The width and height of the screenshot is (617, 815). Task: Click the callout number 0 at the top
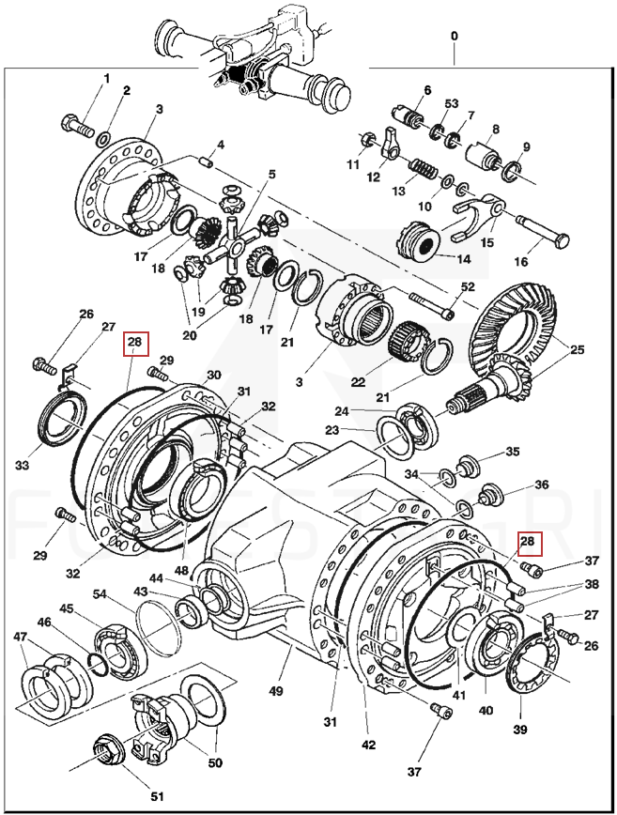coord(455,36)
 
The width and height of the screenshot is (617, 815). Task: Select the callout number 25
coord(577,350)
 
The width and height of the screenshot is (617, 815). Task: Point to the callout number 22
coord(357,381)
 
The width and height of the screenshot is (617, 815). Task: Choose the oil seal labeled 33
coord(57,418)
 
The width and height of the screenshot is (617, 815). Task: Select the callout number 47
coord(20,637)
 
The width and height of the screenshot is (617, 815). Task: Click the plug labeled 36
coord(490,495)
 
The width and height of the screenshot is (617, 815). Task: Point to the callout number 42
coord(368,745)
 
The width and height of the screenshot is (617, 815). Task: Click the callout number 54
coord(100,593)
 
